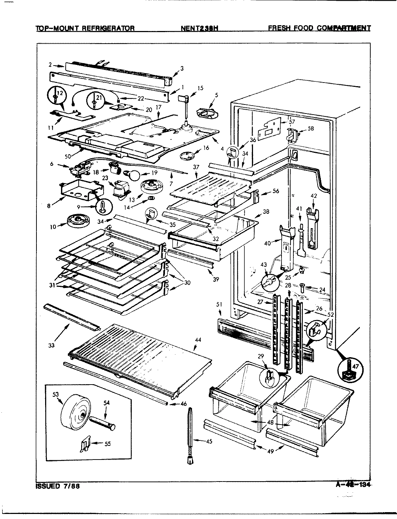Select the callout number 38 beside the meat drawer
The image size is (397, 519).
click(x=266, y=212)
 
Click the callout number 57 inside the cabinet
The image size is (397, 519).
click(x=292, y=122)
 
